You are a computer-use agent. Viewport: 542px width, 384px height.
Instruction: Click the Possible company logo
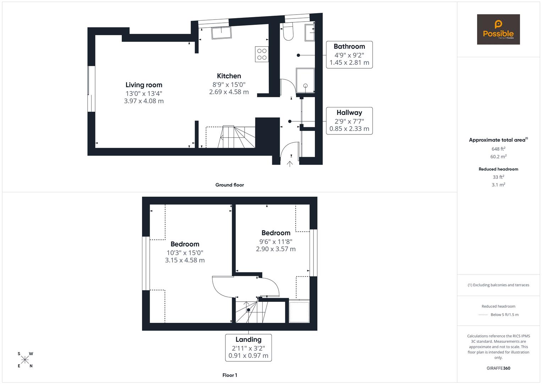pyautogui.click(x=498, y=30)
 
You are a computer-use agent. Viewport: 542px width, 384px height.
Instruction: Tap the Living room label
pyautogui.click(x=144, y=85)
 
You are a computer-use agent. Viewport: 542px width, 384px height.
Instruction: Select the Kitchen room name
pyautogui.click(x=229, y=76)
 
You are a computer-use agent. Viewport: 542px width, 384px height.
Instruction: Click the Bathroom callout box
pyautogui.click(x=349, y=55)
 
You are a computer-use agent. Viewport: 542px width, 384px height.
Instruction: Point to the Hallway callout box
pyautogui.click(x=349, y=121)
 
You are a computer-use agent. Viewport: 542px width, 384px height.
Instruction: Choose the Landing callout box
pyautogui.click(x=248, y=347)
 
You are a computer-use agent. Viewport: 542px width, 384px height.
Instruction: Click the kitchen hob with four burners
pyautogui.click(x=262, y=54)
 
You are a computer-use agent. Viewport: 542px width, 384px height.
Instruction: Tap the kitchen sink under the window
pyautogui.click(x=221, y=33)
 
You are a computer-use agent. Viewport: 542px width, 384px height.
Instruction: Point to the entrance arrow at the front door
pyautogui.click(x=290, y=164)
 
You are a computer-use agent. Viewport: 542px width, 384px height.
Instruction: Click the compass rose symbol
pyautogui.click(x=25, y=360)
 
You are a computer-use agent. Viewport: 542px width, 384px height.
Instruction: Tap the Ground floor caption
pyautogui.click(x=230, y=185)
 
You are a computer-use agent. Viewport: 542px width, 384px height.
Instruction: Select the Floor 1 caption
pyautogui.click(x=230, y=375)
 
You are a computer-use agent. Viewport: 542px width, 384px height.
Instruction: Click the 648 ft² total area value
pyautogui.click(x=498, y=149)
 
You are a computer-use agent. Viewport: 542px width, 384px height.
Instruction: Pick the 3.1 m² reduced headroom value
pyautogui.click(x=498, y=185)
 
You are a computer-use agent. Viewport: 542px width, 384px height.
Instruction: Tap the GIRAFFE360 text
pyautogui.click(x=498, y=368)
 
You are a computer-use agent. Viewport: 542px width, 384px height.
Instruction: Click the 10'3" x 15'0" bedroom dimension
pyautogui.click(x=185, y=253)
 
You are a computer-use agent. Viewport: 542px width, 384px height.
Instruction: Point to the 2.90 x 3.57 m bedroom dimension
pyautogui.click(x=276, y=249)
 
